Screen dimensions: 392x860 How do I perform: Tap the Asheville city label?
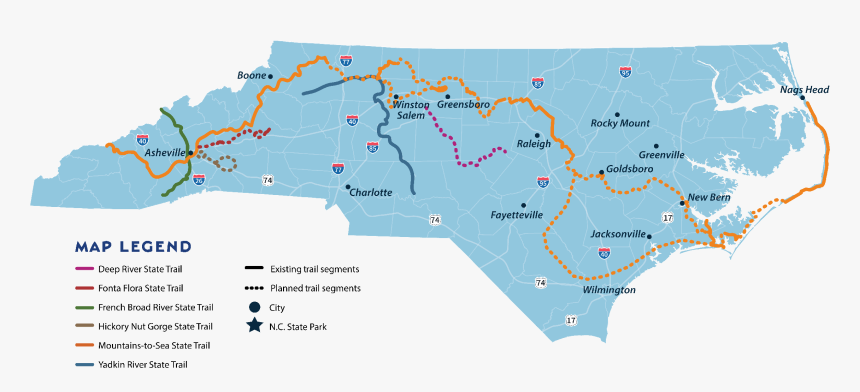coord(165,153)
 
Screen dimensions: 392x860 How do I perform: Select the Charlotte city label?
coord(370,192)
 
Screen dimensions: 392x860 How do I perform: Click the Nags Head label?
coord(805,89)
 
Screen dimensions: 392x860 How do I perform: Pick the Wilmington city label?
coord(609,290)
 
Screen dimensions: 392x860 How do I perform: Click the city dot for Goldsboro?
coord(600,171)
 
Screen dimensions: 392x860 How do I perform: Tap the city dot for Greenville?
coord(657,145)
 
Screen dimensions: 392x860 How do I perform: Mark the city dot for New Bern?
coord(683,203)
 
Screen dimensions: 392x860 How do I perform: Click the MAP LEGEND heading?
coord(133,246)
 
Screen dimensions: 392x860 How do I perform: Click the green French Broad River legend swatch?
coord(85,307)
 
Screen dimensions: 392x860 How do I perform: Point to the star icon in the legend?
coord(255,326)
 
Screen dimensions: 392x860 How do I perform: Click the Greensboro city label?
coord(464,104)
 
